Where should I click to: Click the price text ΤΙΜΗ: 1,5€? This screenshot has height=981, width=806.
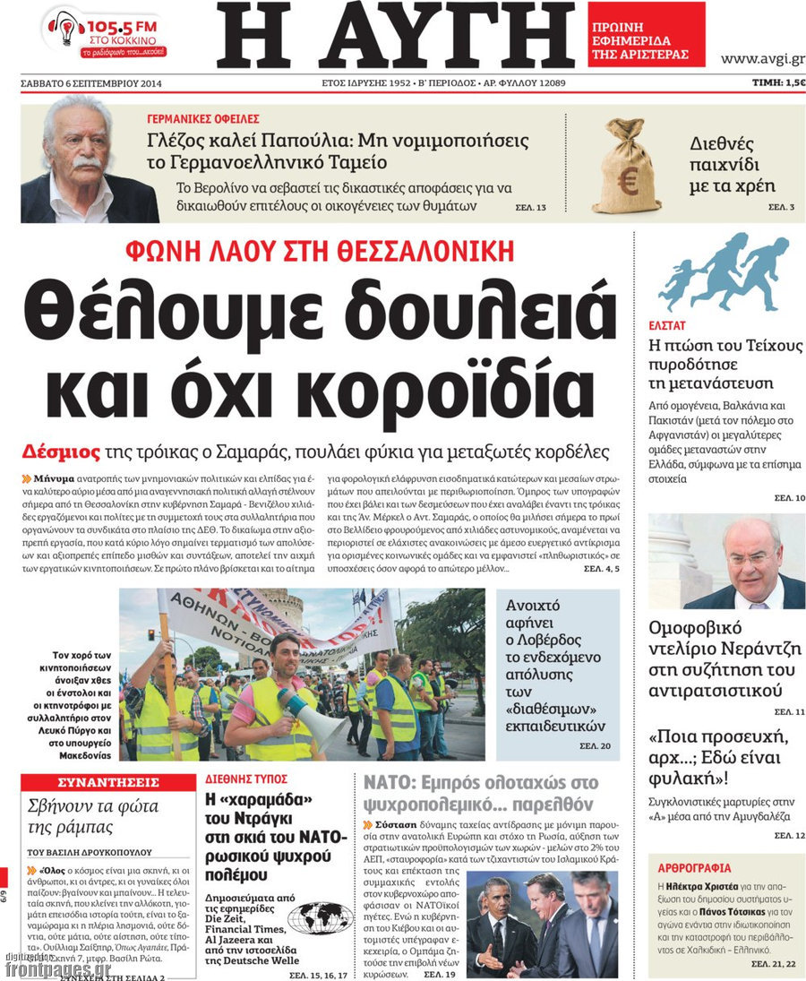pyautogui.click(x=777, y=83)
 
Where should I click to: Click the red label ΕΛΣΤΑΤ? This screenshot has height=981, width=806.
pyautogui.click(x=667, y=326)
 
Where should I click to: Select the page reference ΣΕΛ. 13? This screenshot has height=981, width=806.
pyautogui.click(x=530, y=208)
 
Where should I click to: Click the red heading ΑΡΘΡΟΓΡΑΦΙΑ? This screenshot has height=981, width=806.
pyautogui.click(x=694, y=867)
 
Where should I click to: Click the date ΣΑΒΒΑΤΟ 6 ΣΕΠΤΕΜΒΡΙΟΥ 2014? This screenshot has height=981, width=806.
pyautogui.click(x=97, y=84)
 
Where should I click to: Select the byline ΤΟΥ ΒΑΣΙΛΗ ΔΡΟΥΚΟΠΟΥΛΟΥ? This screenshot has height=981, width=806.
pyautogui.click(x=90, y=852)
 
